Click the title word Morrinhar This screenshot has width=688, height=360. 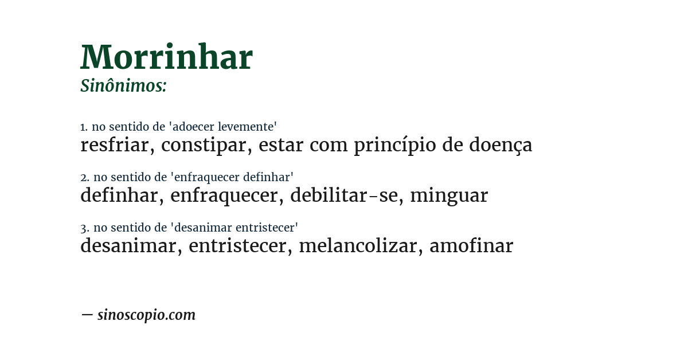(x=166, y=57)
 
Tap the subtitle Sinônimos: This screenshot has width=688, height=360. (x=123, y=86)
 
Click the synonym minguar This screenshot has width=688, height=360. (x=449, y=196)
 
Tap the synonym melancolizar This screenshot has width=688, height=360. (x=357, y=246)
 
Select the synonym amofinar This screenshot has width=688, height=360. (x=471, y=246)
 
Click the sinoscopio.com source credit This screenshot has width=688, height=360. (x=146, y=315)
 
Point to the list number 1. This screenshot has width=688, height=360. (x=84, y=127)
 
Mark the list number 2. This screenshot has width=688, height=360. (x=84, y=178)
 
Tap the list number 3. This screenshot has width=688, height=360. (x=84, y=228)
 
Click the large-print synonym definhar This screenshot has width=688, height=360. (x=118, y=195)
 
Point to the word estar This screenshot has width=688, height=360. (x=280, y=146)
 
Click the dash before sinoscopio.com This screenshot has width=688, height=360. (x=87, y=315)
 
